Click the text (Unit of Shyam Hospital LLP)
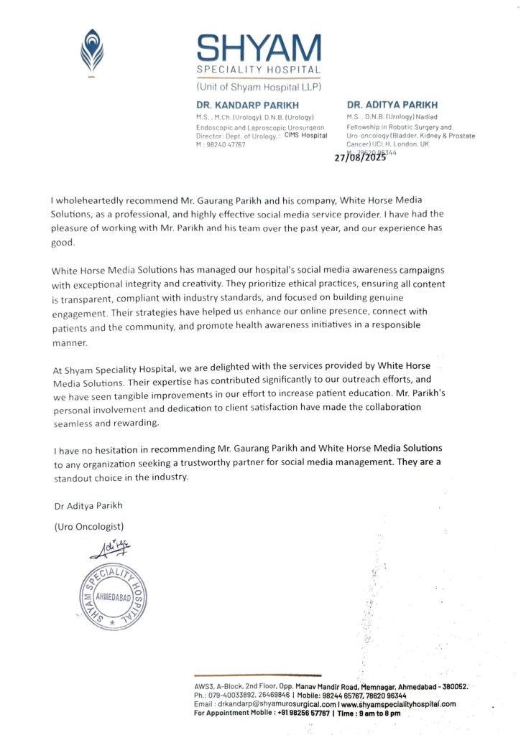259,87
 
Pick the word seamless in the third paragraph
76,423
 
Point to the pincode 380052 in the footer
452,686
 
